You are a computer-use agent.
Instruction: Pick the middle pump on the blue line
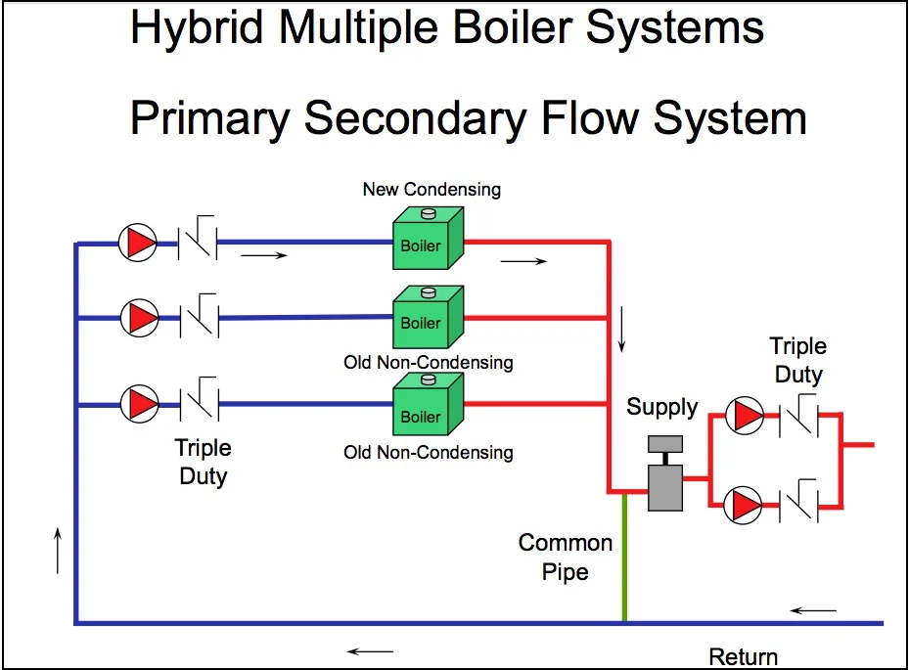138,317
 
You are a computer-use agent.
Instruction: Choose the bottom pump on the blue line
138,403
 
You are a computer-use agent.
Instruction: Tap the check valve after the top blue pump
199,241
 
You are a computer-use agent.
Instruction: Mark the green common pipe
624,558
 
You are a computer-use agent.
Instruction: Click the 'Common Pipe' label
566,557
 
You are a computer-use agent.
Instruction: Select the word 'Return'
744,657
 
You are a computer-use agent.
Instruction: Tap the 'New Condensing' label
432,189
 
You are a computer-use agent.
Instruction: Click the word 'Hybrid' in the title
197,28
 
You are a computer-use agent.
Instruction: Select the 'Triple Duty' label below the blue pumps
203,462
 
